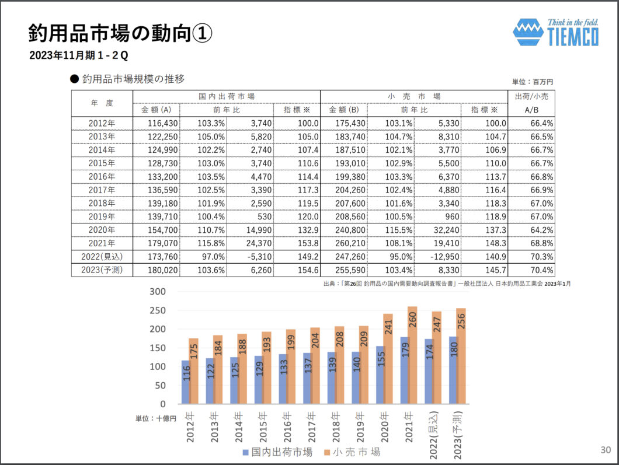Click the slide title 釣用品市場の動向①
click(x=120, y=33)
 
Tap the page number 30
click(x=606, y=450)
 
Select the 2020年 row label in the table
click(x=102, y=230)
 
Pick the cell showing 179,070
click(x=156, y=243)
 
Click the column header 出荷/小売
click(x=531, y=96)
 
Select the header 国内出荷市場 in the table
click(x=227, y=96)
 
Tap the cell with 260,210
click(x=344, y=243)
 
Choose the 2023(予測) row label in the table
click(x=102, y=270)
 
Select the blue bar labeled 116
click(x=186, y=382)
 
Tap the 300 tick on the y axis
click(x=159, y=292)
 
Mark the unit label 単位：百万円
click(x=531, y=82)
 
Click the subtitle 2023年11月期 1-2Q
click(x=79, y=56)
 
